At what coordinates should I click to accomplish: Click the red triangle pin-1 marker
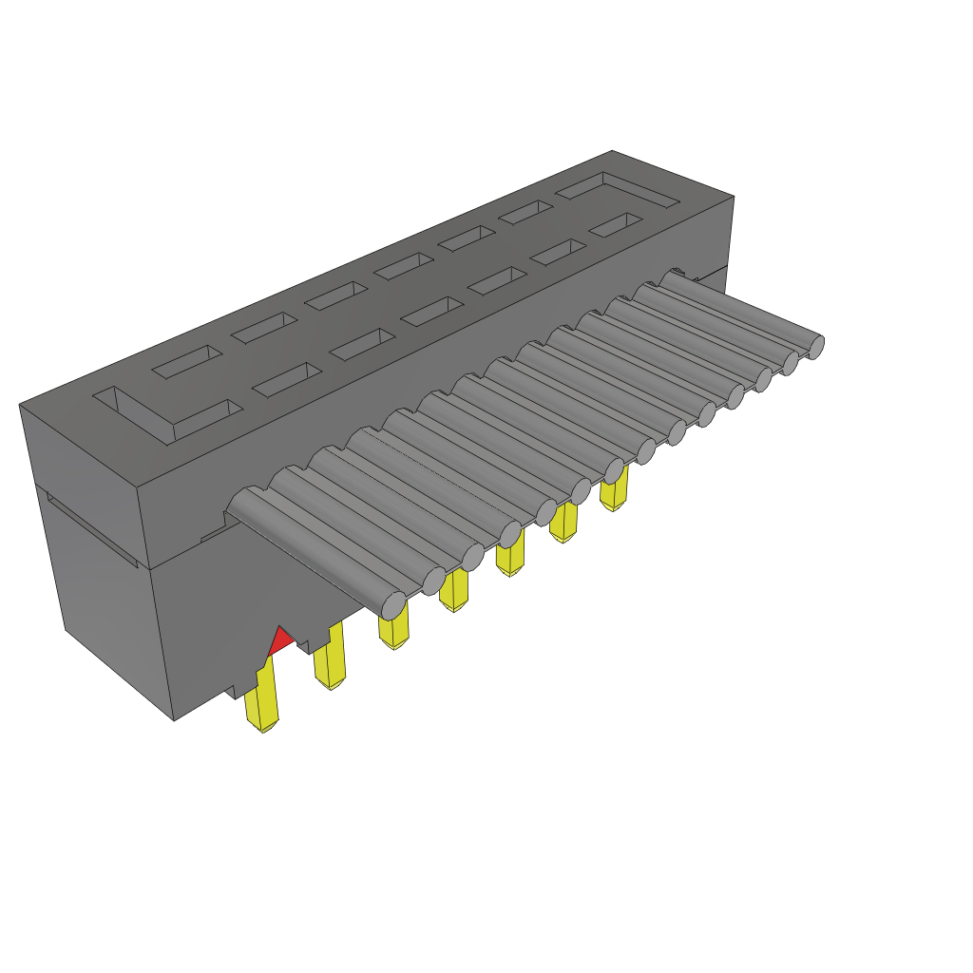(x=278, y=642)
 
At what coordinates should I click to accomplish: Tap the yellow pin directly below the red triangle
(x=261, y=698)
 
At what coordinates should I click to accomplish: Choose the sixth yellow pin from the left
(x=564, y=522)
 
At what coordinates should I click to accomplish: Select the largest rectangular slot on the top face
(x=618, y=189)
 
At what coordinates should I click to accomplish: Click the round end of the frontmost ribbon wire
(x=393, y=602)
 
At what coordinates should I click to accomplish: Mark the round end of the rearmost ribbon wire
(x=814, y=348)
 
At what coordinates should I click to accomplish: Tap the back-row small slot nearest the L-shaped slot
(x=186, y=362)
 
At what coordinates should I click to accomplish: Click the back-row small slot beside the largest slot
(x=525, y=213)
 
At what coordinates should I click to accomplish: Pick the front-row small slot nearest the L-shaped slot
(x=286, y=379)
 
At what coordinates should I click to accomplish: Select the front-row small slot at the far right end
(x=615, y=225)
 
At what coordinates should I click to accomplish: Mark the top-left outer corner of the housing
(x=20, y=406)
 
